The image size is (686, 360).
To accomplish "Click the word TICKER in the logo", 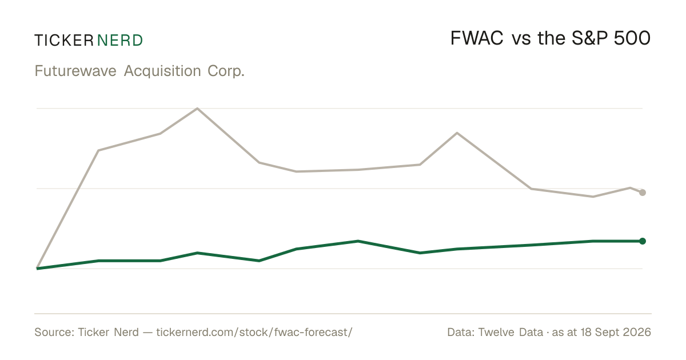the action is tap(64, 41).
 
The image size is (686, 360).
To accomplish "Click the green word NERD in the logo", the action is tap(120, 41).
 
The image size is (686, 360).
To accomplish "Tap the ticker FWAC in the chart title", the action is tap(477, 38).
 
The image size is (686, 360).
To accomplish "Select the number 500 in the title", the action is tap(632, 38).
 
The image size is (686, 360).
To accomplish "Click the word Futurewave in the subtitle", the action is tap(75, 71).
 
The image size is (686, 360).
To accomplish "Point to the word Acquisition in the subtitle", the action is tap(162, 71).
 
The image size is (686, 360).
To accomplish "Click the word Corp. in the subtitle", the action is tap(226, 71).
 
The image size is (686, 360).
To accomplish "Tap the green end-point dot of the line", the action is tap(643, 241).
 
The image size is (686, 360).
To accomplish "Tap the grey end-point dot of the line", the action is tap(643, 193).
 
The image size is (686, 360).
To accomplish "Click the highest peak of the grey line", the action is tap(197, 109).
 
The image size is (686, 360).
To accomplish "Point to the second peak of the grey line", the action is tap(457, 133).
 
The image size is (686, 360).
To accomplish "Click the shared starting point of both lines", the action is tap(37, 269).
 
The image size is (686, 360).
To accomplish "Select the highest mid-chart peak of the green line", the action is tap(358, 241).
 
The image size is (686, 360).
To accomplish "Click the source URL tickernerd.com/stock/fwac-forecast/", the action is tap(254, 332).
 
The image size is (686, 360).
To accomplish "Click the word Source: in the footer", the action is tap(54, 332).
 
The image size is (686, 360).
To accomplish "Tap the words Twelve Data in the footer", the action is tap(510, 332).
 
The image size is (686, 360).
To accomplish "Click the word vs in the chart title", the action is tap(521, 40).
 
